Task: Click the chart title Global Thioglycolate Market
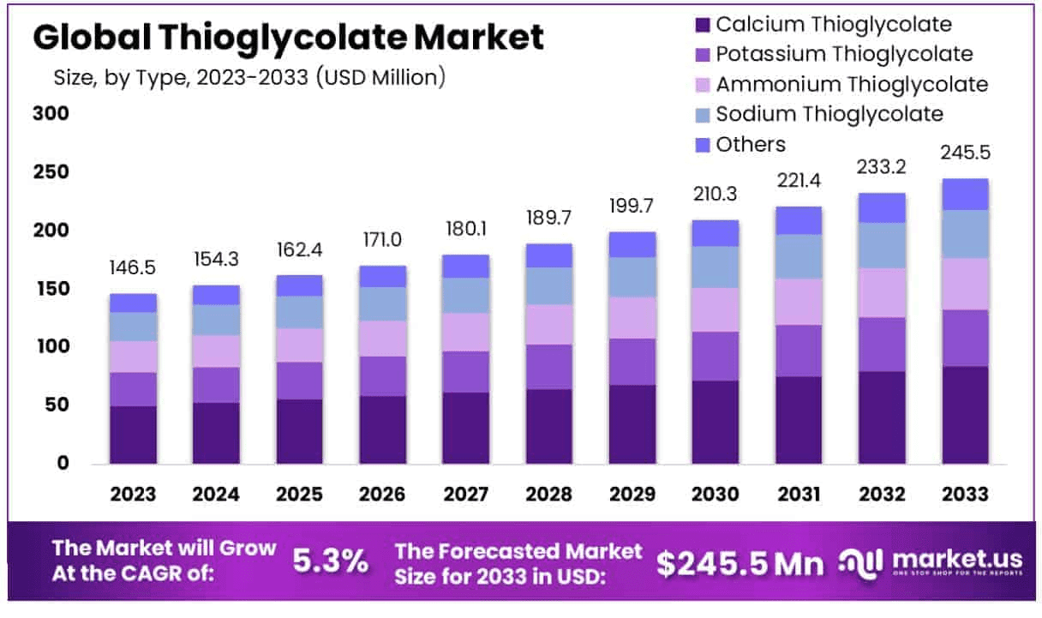click(288, 38)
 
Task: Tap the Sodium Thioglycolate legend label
click(829, 114)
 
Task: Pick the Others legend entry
click(750, 144)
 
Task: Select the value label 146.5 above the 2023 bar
click(133, 267)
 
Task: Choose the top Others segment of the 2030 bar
click(716, 233)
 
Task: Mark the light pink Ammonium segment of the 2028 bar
click(548, 324)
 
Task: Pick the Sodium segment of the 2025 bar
click(299, 312)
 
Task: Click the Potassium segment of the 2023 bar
click(133, 389)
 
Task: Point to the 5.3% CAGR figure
click(331, 562)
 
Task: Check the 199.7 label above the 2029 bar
click(632, 205)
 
